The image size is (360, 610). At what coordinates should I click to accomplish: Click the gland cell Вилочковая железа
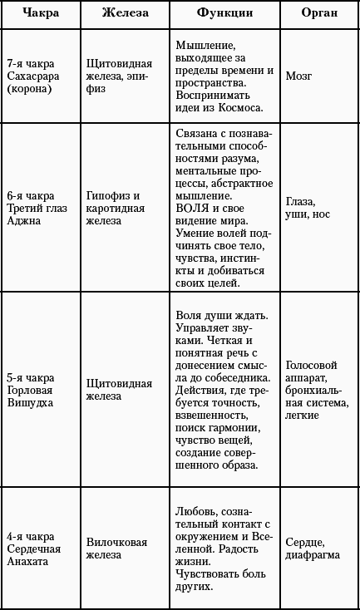click(x=116, y=549)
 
